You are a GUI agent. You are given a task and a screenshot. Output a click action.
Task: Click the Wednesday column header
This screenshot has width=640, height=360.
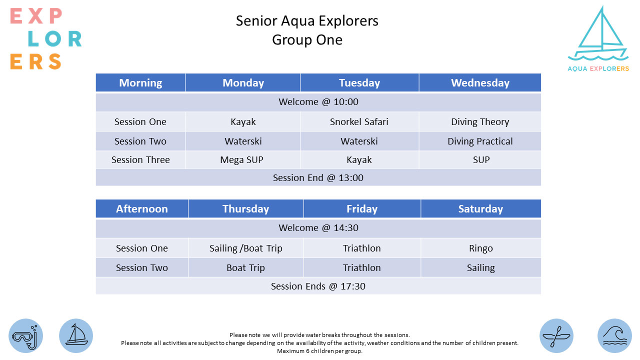pos(480,82)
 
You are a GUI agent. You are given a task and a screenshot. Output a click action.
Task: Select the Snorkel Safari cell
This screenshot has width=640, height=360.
pos(359,121)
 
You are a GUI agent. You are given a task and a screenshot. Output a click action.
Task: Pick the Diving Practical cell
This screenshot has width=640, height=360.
pos(480,141)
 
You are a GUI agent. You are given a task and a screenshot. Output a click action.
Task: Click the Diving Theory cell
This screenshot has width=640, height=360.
pos(480,121)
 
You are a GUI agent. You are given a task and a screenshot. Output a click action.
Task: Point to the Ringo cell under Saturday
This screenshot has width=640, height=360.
pos(481,248)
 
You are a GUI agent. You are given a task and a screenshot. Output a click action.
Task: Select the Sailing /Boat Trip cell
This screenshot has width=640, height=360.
pos(245,248)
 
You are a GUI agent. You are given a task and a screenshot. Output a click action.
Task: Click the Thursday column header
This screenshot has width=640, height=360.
pos(245,208)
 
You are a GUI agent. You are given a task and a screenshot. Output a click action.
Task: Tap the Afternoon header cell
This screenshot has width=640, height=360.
pos(141,208)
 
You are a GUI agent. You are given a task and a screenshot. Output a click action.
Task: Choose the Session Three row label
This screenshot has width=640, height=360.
pos(140,159)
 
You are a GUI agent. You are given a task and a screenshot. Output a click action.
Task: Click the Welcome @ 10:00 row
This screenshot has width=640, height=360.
pos(318,101)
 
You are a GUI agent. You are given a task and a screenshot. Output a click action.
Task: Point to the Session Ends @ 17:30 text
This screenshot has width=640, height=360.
pos(318,286)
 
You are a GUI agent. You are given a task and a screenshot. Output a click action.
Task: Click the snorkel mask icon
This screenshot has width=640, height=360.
pos(25,335)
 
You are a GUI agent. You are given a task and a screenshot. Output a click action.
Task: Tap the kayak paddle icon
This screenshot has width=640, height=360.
pos(556,335)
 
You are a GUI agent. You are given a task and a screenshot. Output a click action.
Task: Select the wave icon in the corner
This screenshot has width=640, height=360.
pos(614,335)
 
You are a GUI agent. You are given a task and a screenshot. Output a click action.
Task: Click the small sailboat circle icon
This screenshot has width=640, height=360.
pos(76,335)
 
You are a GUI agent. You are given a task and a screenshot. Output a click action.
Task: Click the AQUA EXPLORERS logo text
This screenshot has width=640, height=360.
pos(598,68)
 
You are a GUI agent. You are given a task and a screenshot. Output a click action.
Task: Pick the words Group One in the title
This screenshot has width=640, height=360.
pos(307,39)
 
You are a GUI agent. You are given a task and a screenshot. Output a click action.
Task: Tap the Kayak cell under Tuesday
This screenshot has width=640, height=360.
pos(359,159)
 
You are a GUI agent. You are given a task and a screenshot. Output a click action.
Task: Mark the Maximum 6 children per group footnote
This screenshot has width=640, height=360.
pos(319,351)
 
